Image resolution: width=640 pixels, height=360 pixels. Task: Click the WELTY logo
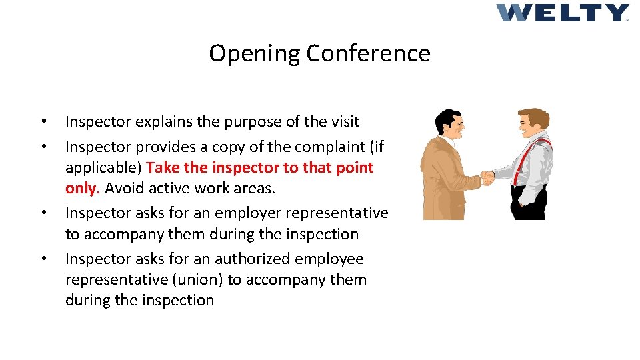tap(562, 13)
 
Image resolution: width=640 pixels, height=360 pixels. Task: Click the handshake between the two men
tap(487, 178)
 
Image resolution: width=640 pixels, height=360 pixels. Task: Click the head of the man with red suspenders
tap(533, 123)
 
